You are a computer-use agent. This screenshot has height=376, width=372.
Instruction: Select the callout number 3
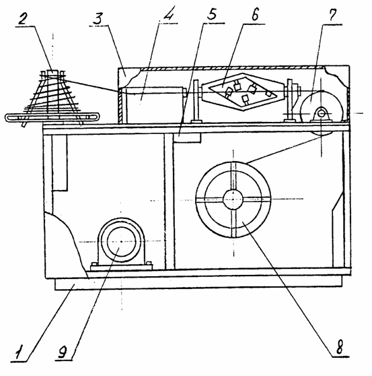click(x=98, y=19)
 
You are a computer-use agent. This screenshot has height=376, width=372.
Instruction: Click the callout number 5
click(x=211, y=15)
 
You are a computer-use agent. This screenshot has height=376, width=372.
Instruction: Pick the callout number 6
click(x=254, y=15)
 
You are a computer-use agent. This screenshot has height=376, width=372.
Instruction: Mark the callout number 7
click(x=332, y=15)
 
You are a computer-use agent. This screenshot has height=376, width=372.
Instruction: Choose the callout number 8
click(x=339, y=347)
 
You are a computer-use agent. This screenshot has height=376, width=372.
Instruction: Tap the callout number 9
click(x=63, y=352)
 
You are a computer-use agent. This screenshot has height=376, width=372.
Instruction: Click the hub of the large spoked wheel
click(x=233, y=199)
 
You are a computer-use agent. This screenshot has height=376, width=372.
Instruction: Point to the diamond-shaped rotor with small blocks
click(x=244, y=92)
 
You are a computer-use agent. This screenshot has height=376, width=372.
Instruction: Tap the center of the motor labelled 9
click(x=122, y=242)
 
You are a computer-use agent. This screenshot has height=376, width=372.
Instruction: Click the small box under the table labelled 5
click(x=187, y=137)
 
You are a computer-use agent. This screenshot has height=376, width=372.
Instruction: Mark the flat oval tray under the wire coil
click(x=52, y=117)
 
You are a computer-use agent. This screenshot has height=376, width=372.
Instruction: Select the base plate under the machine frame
click(x=198, y=284)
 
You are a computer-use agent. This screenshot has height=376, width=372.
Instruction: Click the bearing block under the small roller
click(x=321, y=115)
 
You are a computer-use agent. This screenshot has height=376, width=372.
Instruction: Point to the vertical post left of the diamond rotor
click(x=196, y=102)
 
